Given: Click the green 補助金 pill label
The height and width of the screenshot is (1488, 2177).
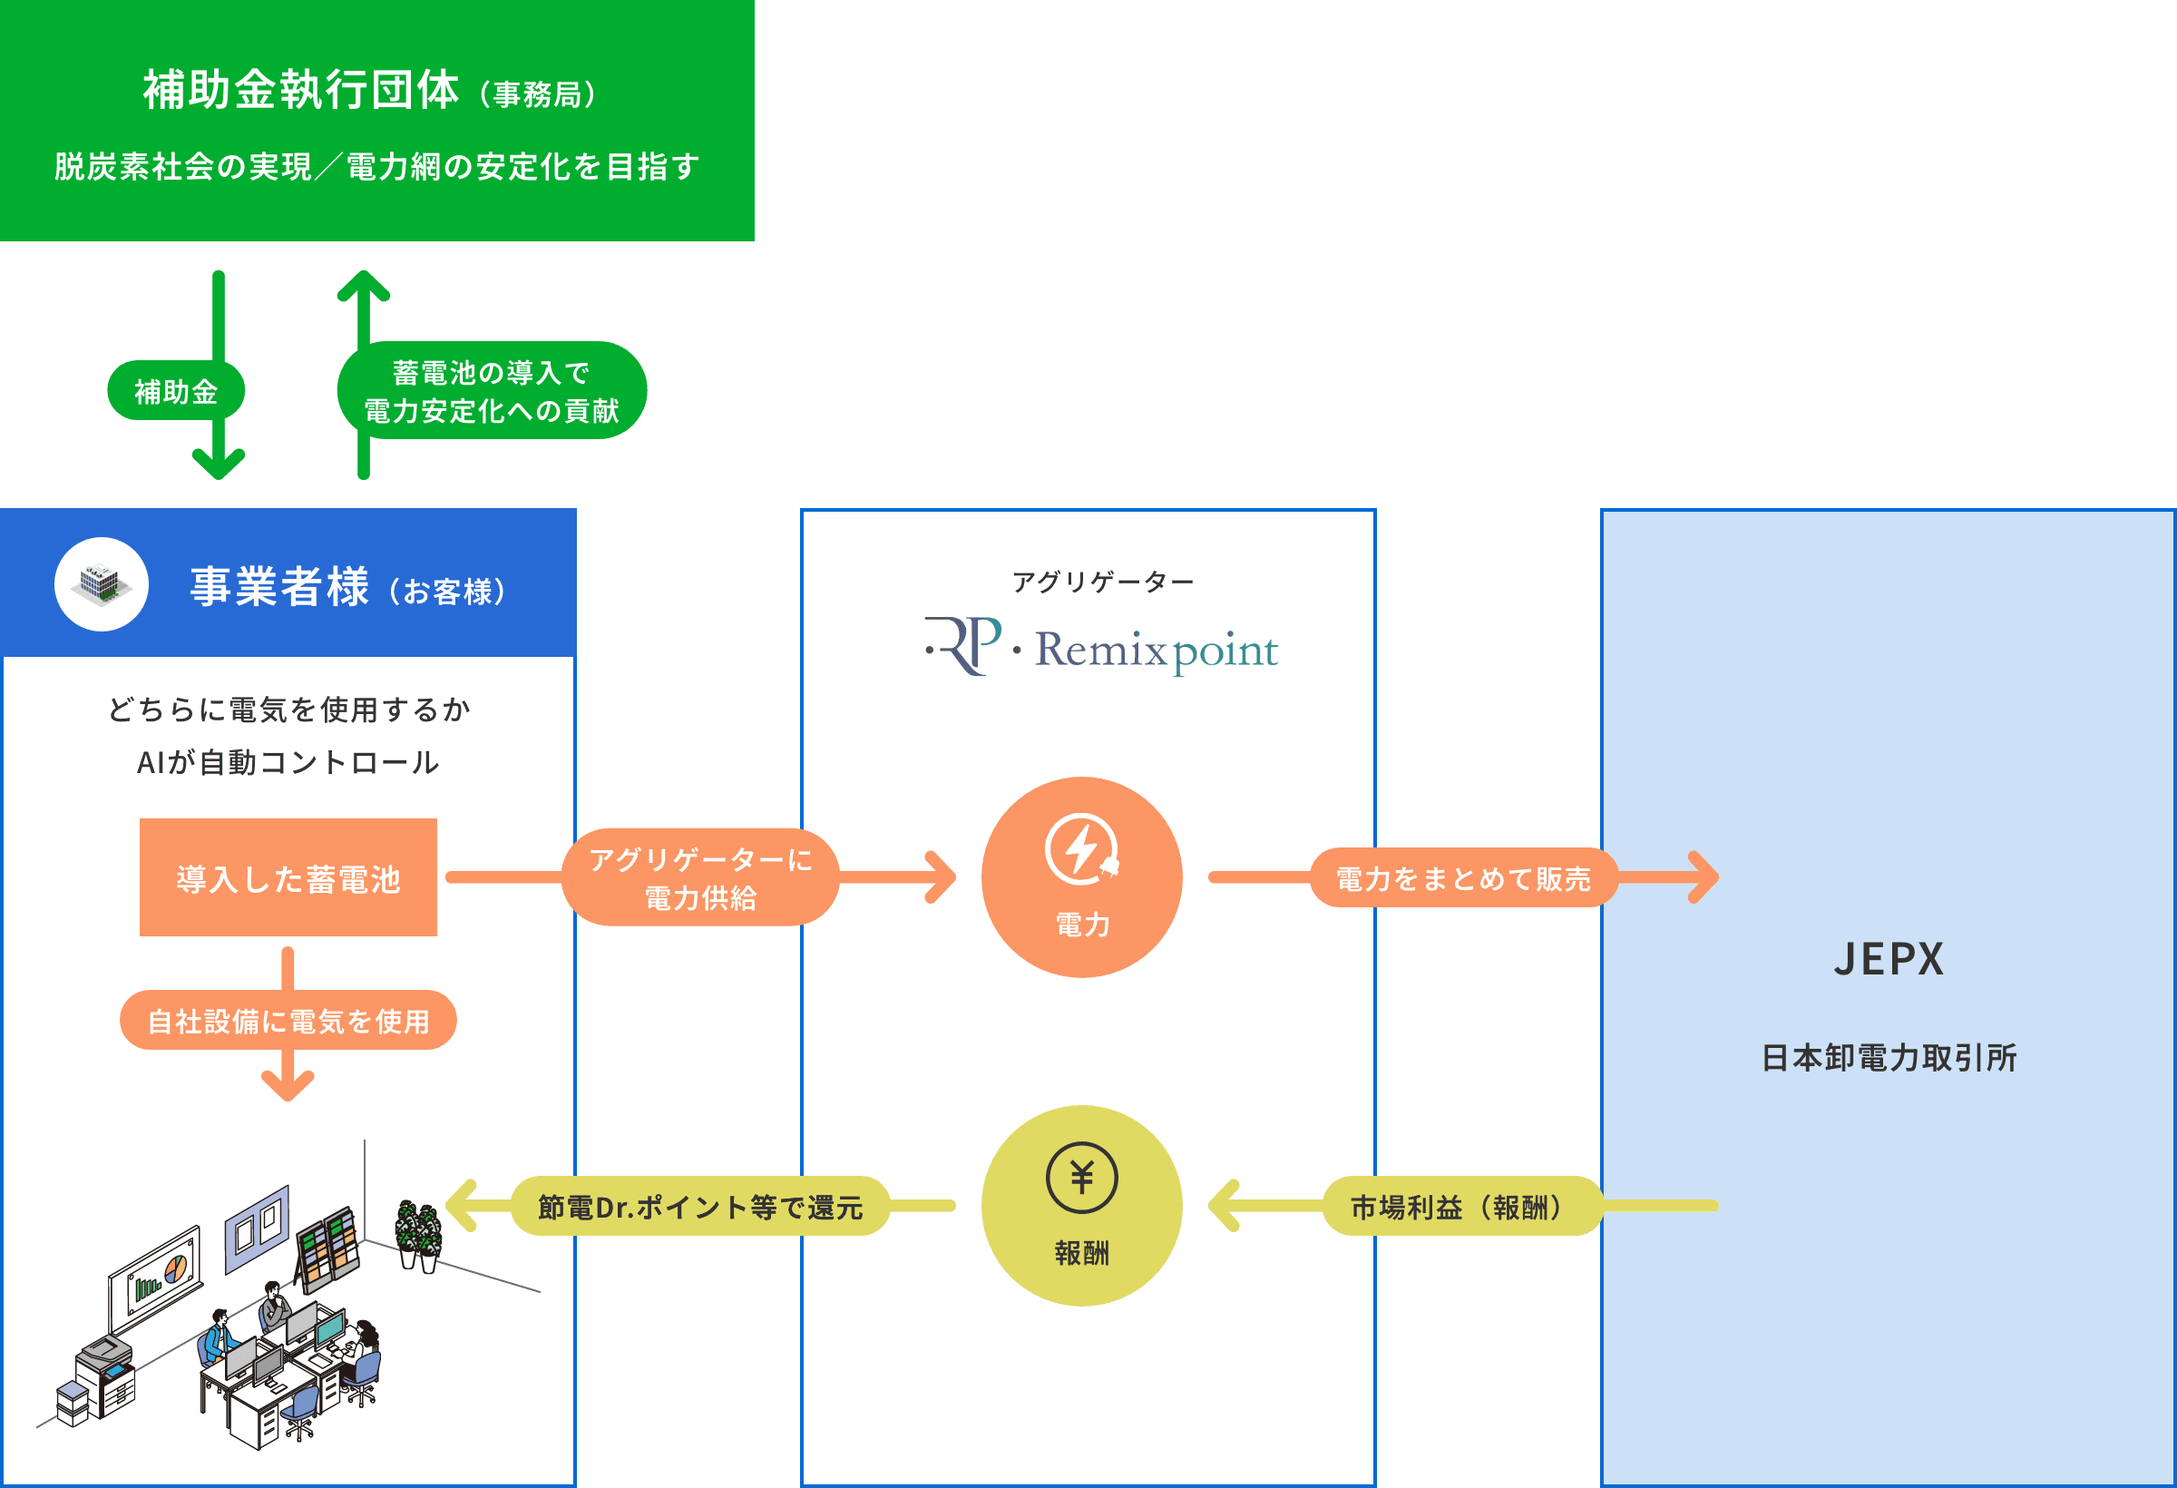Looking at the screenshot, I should (x=176, y=391).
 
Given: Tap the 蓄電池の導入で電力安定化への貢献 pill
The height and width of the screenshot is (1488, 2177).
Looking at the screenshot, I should (x=492, y=391).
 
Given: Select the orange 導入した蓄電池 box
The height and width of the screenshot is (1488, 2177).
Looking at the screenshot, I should (x=288, y=878).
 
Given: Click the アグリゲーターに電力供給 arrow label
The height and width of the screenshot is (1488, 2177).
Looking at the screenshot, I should (x=700, y=878).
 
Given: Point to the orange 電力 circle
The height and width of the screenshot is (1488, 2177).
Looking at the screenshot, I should (x=1082, y=877).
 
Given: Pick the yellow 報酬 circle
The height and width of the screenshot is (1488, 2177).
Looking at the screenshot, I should (x=1082, y=1206).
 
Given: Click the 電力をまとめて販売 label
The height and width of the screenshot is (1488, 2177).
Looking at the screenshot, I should (x=1463, y=878).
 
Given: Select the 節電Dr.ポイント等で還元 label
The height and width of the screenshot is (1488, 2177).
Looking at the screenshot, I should (x=700, y=1207).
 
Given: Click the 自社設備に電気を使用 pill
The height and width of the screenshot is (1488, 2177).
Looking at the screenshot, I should (x=288, y=1021).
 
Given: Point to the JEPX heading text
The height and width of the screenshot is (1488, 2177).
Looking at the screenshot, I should (x=1889, y=958).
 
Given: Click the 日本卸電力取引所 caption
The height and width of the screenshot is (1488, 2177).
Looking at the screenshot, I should (x=1889, y=1058).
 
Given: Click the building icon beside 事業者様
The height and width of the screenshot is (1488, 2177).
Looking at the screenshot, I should (x=102, y=584).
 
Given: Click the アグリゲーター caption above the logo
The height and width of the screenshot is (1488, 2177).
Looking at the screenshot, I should (x=1102, y=582).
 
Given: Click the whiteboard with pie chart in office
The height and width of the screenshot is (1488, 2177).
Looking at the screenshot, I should (x=155, y=1277).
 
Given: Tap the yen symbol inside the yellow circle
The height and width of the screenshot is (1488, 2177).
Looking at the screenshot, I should (x=1082, y=1178).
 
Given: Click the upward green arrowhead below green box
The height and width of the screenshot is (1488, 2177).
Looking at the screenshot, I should (x=364, y=285).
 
